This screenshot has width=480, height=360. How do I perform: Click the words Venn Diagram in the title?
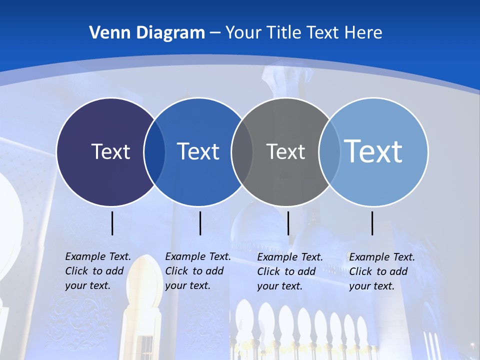pos(147,33)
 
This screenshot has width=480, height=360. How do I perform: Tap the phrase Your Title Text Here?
pos(303,33)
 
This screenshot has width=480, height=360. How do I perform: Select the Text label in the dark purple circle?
pos(110,151)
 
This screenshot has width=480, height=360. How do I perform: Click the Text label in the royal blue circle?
pos(198,151)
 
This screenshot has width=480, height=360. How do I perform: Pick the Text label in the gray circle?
pos(285,151)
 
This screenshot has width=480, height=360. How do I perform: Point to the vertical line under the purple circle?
pos(112,223)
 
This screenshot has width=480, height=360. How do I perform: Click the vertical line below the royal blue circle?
pos(200,223)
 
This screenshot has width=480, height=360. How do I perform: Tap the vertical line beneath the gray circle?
pos(288,223)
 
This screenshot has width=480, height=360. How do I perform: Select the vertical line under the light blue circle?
pos(372,223)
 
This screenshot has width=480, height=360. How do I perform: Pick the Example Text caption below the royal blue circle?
pos(197,271)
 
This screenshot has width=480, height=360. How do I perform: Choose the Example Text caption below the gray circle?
pos(289,271)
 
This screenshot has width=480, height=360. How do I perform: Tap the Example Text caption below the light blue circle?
pos(381,271)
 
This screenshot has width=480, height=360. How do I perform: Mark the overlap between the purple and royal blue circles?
pos(154,152)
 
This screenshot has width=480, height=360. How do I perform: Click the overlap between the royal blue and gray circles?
pos(242,152)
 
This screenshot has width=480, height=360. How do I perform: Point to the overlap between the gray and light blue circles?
pos(329,152)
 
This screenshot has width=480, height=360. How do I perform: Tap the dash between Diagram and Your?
pos(214,33)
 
